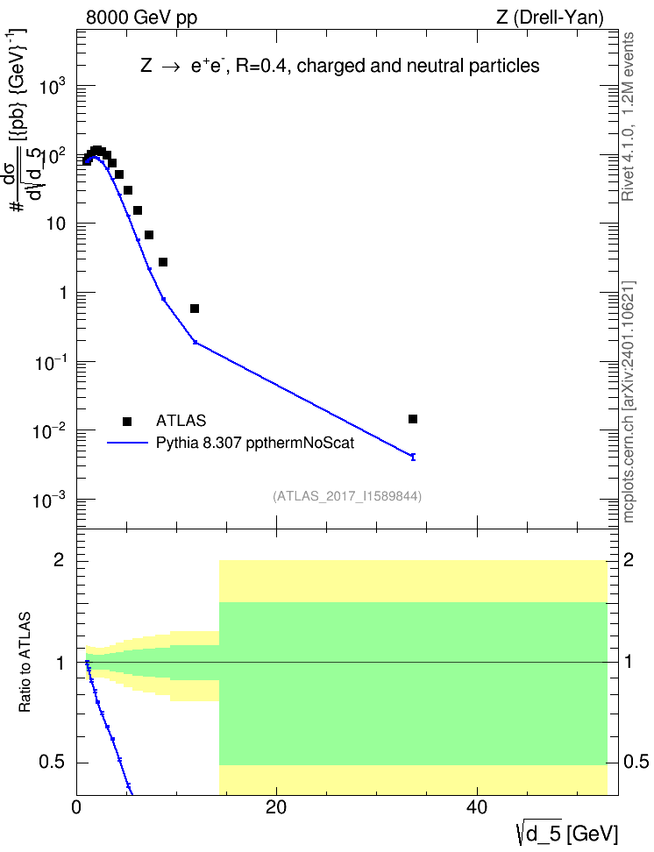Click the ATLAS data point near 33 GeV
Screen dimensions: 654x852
[x=413, y=419]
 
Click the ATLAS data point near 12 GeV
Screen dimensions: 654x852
[x=195, y=309]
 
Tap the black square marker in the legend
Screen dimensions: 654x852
[x=127, y=421]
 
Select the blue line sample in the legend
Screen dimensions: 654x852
[x=127, y=443]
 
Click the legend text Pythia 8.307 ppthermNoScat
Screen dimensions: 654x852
[x=255, y=443]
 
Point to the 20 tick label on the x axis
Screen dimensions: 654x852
[x=276, y=807]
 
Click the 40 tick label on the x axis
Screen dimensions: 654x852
[x=477, y=807]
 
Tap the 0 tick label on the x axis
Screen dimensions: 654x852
[x=76, y=807]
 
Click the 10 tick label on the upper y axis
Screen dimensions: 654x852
[x=56, y=224]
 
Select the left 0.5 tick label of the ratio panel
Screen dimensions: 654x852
[x=53, y=763]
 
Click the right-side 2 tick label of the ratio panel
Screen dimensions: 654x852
[x=629, y=559]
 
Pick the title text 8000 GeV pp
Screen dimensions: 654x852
[x=141, y=18]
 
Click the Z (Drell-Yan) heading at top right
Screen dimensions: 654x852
[x=550, y=18]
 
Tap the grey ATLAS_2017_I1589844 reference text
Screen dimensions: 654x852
[x=347, y=496]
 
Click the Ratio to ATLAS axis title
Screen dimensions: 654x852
[x=25, y=662]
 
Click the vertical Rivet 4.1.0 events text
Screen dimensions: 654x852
[x=628, y=117]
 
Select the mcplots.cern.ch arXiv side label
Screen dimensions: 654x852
[x=629, y=401]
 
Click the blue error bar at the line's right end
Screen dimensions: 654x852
[x=413, y=457]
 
